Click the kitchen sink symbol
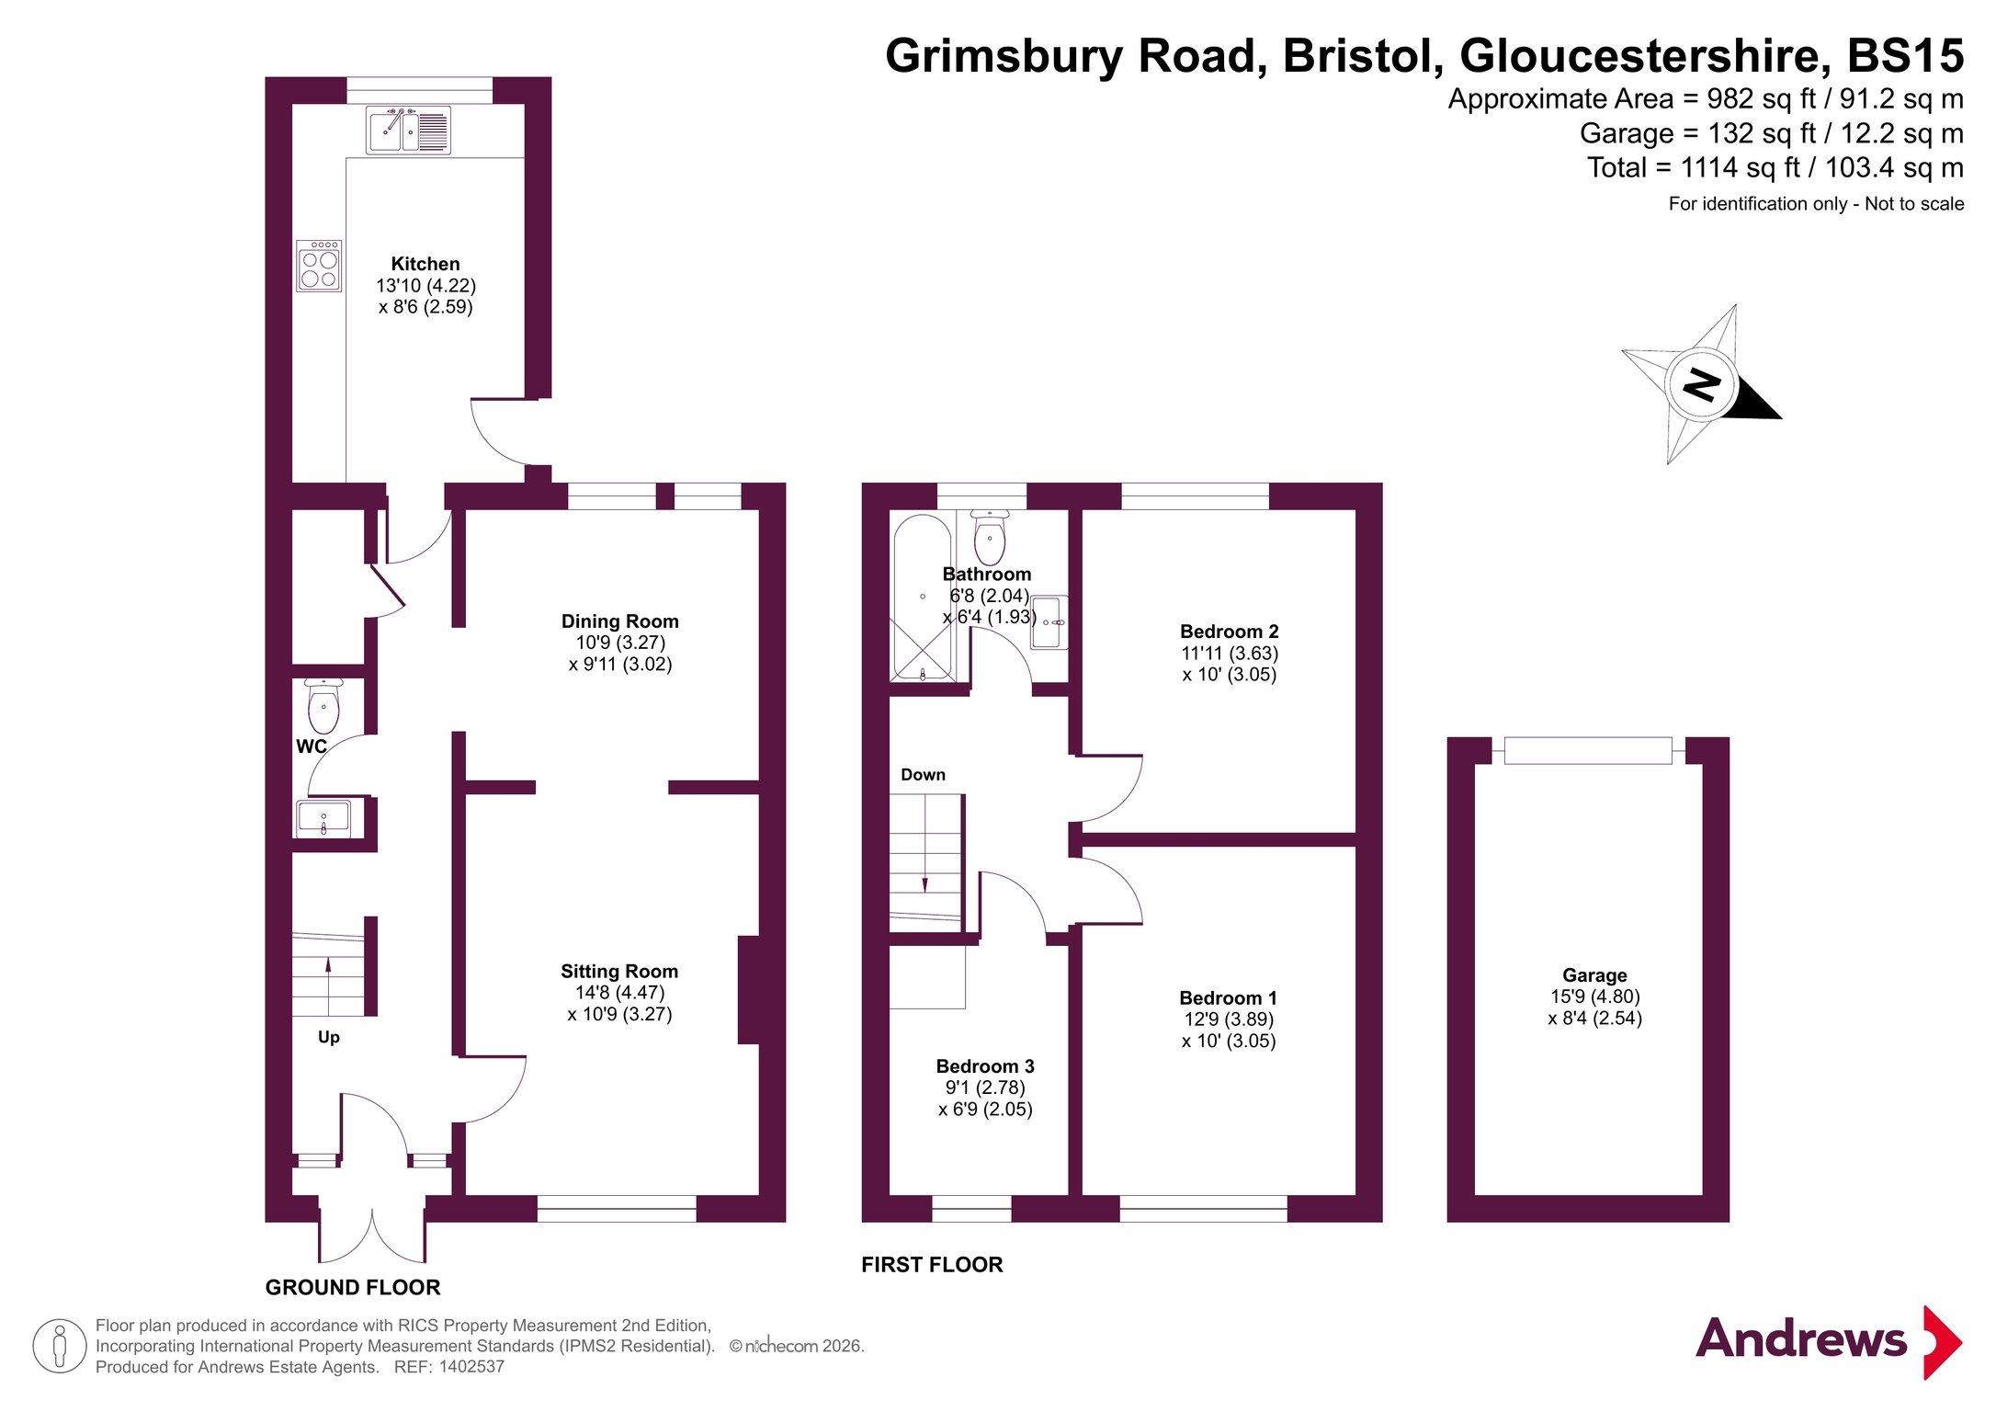point(408,131)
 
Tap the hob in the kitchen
point(319,266)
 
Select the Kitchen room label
point(425,264)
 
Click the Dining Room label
point(620,621)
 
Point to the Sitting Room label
point(619,972)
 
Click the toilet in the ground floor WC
point(323,706)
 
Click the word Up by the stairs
point(329,1038)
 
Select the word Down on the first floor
point(923,775)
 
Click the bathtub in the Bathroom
point(923,598)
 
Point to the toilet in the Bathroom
point(990,538)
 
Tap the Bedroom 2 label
point(1230,632)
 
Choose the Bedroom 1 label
point(1229,998)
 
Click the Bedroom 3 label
point(985,1066)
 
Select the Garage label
point(1594,975)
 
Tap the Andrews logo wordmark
point(1801,1338)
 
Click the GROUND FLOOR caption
point(353,1288)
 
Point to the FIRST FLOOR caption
point(932,1265)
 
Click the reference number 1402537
point(471,1367)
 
